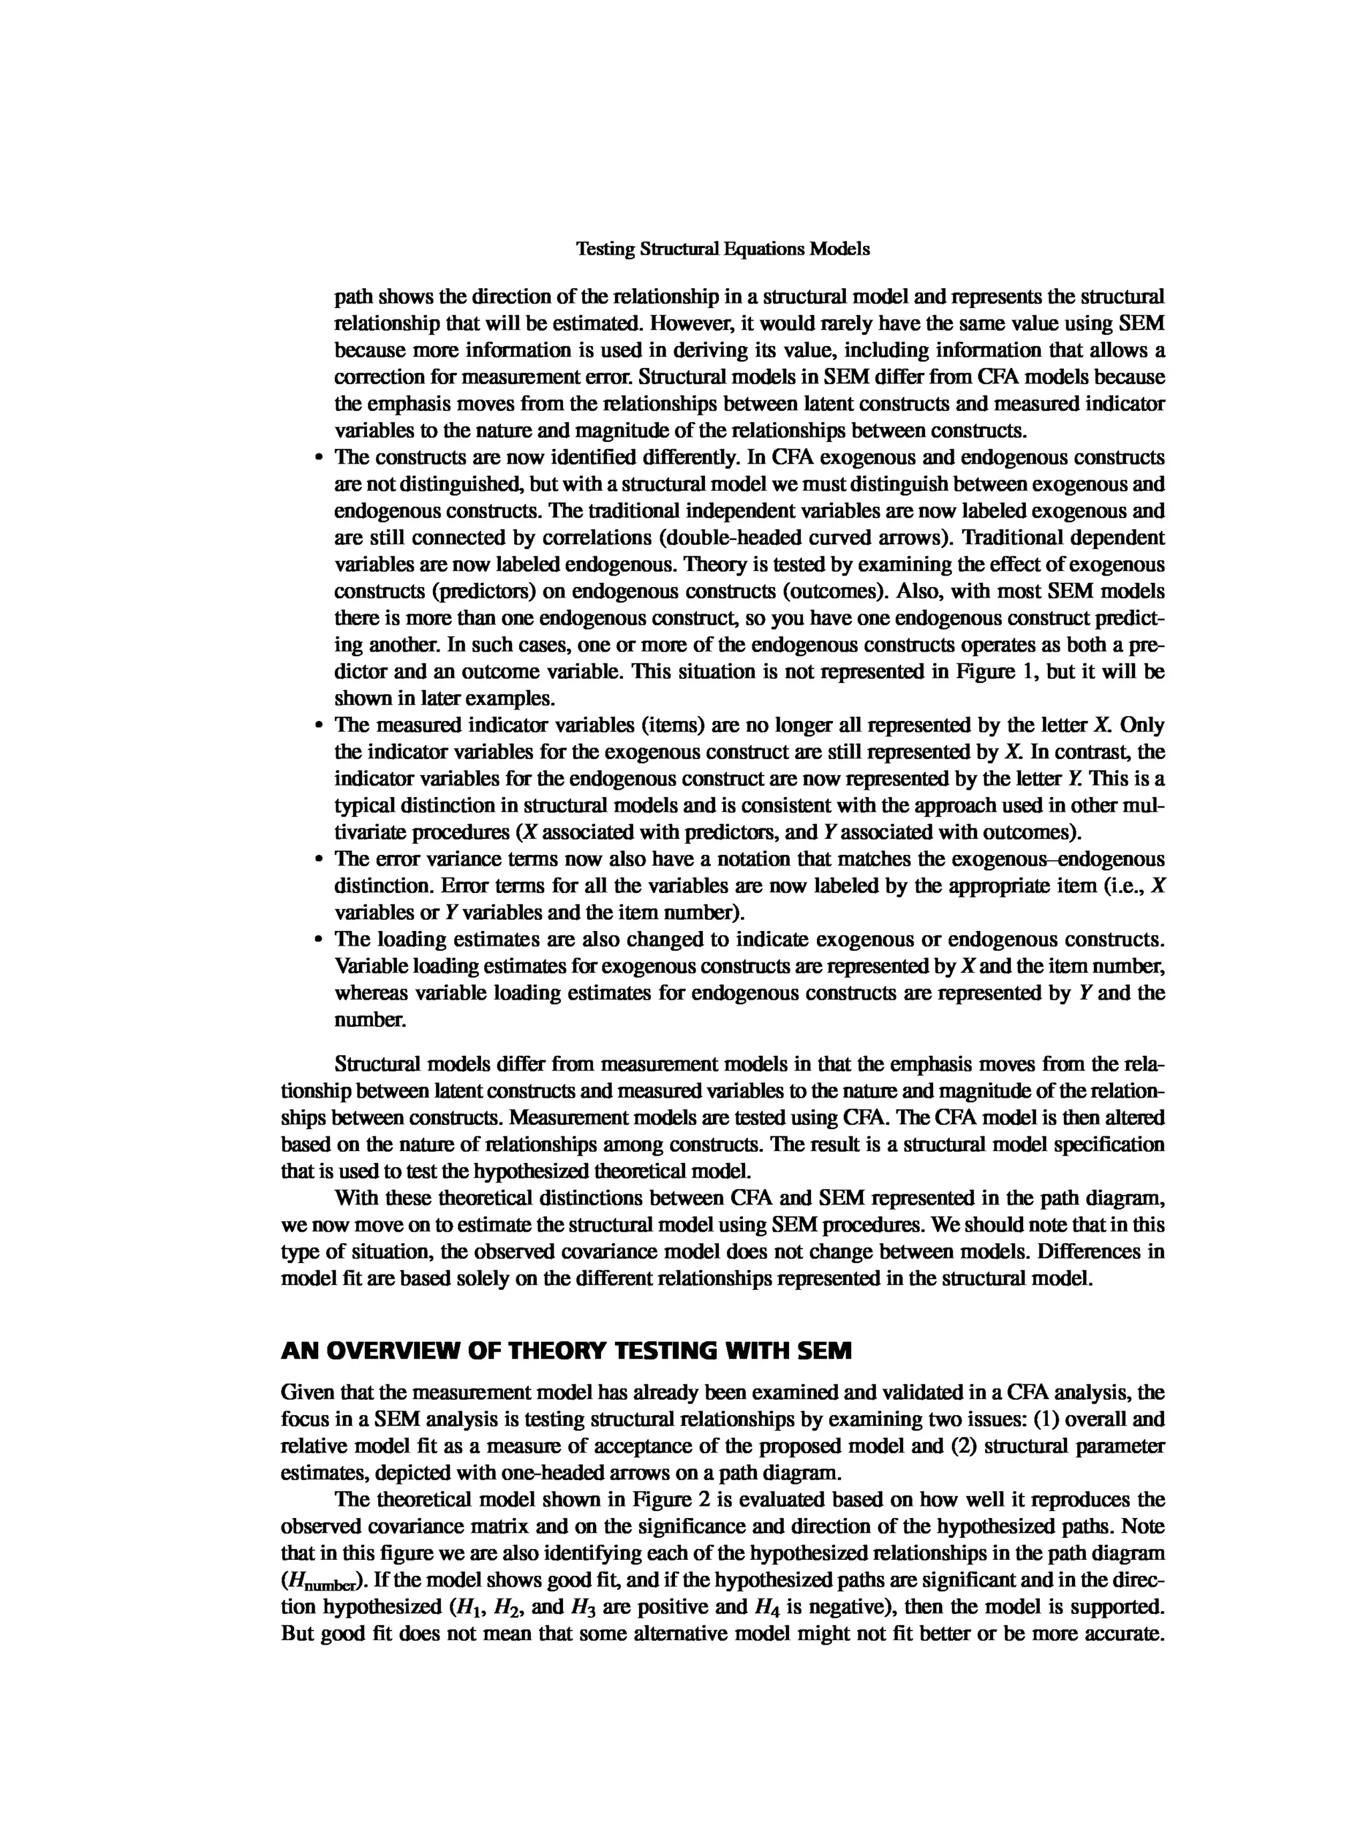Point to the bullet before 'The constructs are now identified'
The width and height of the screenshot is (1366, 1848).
click(x=318, y=458)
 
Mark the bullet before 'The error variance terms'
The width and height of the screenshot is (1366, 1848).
click(x=318, y=860)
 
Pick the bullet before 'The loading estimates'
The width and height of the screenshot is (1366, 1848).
click(x=318, y=940)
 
